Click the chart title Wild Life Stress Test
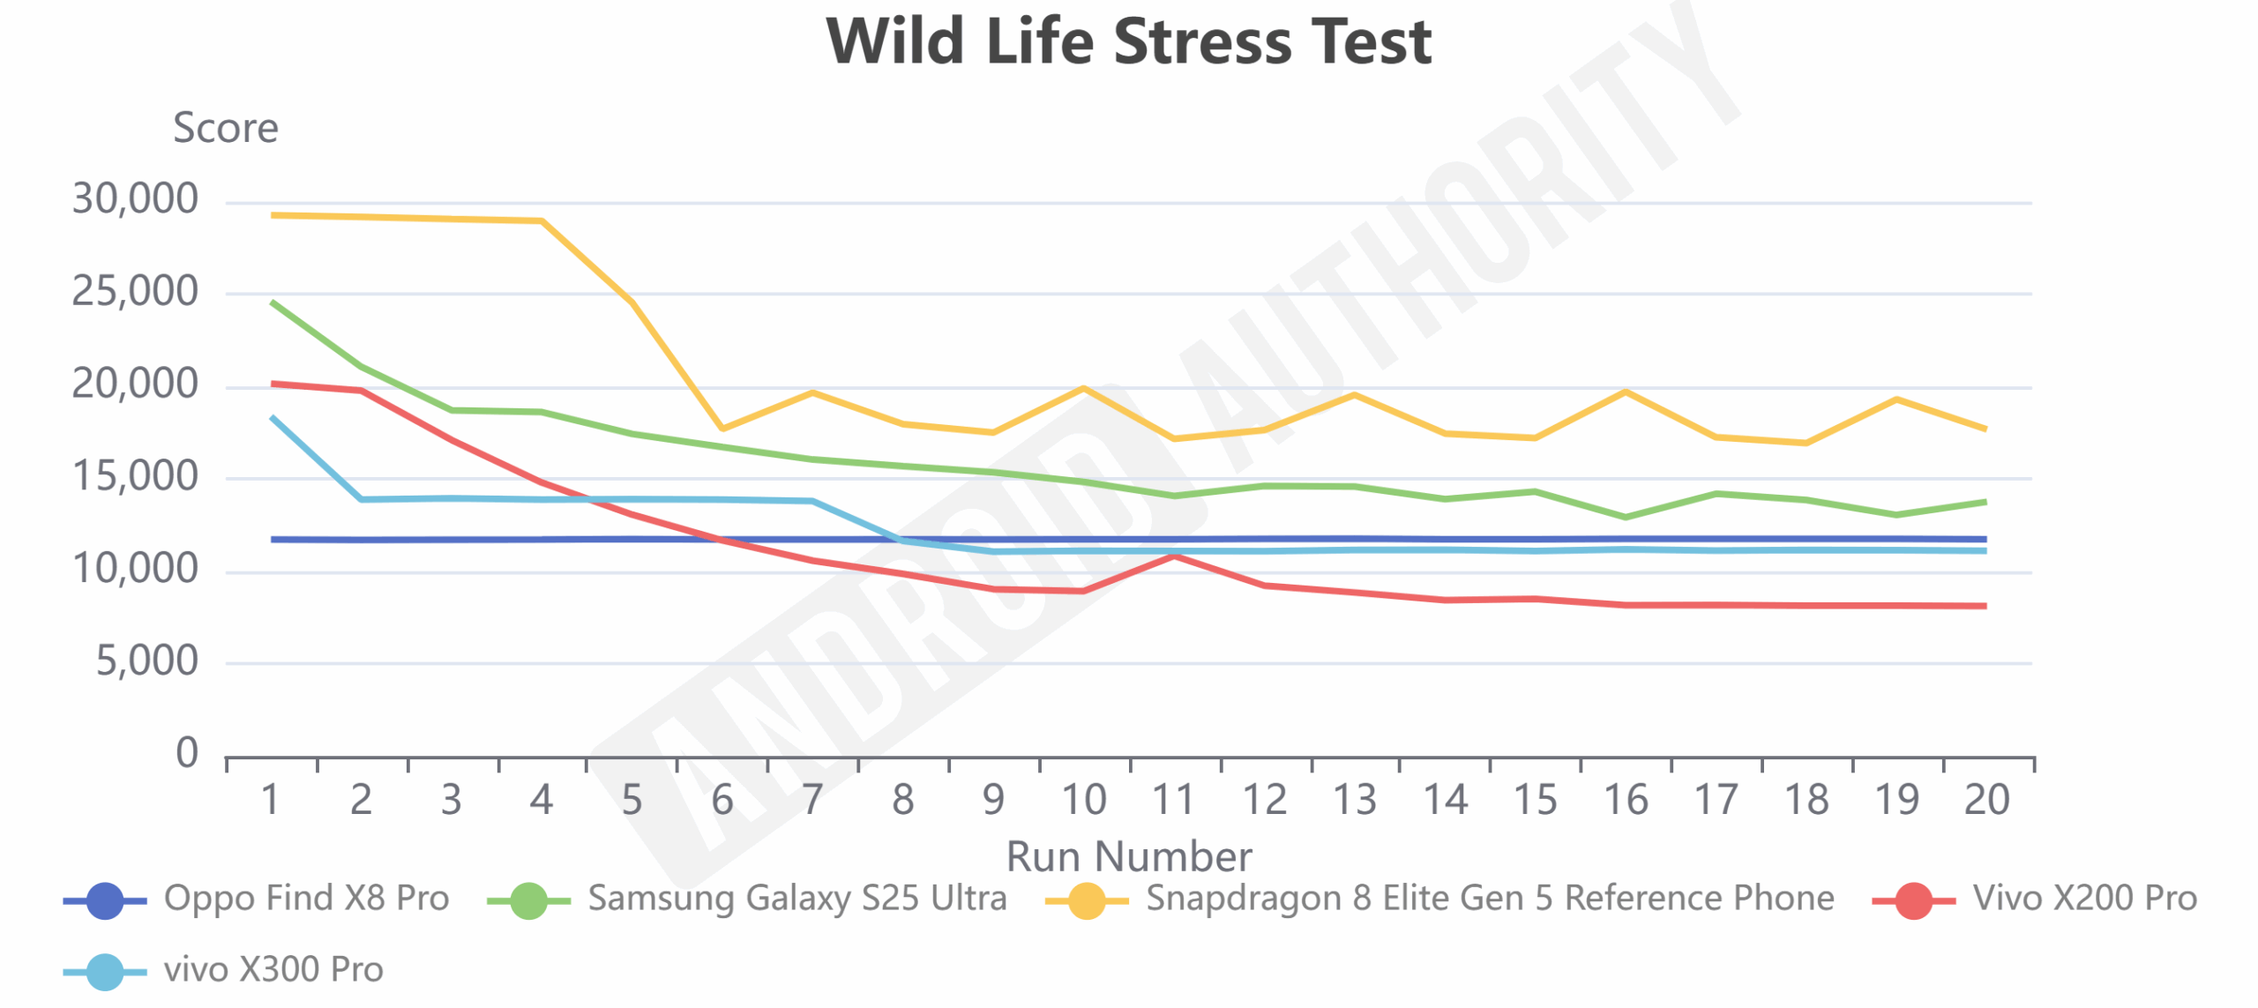1128,41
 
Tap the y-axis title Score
226,129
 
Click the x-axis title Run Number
1129,856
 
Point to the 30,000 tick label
135,199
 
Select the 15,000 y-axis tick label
135,477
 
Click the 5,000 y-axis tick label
147,661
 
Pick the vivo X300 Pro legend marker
105,972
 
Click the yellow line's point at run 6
722,429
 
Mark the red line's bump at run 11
1174,556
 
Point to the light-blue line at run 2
361,499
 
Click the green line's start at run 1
272,302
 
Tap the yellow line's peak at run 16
1626,392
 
